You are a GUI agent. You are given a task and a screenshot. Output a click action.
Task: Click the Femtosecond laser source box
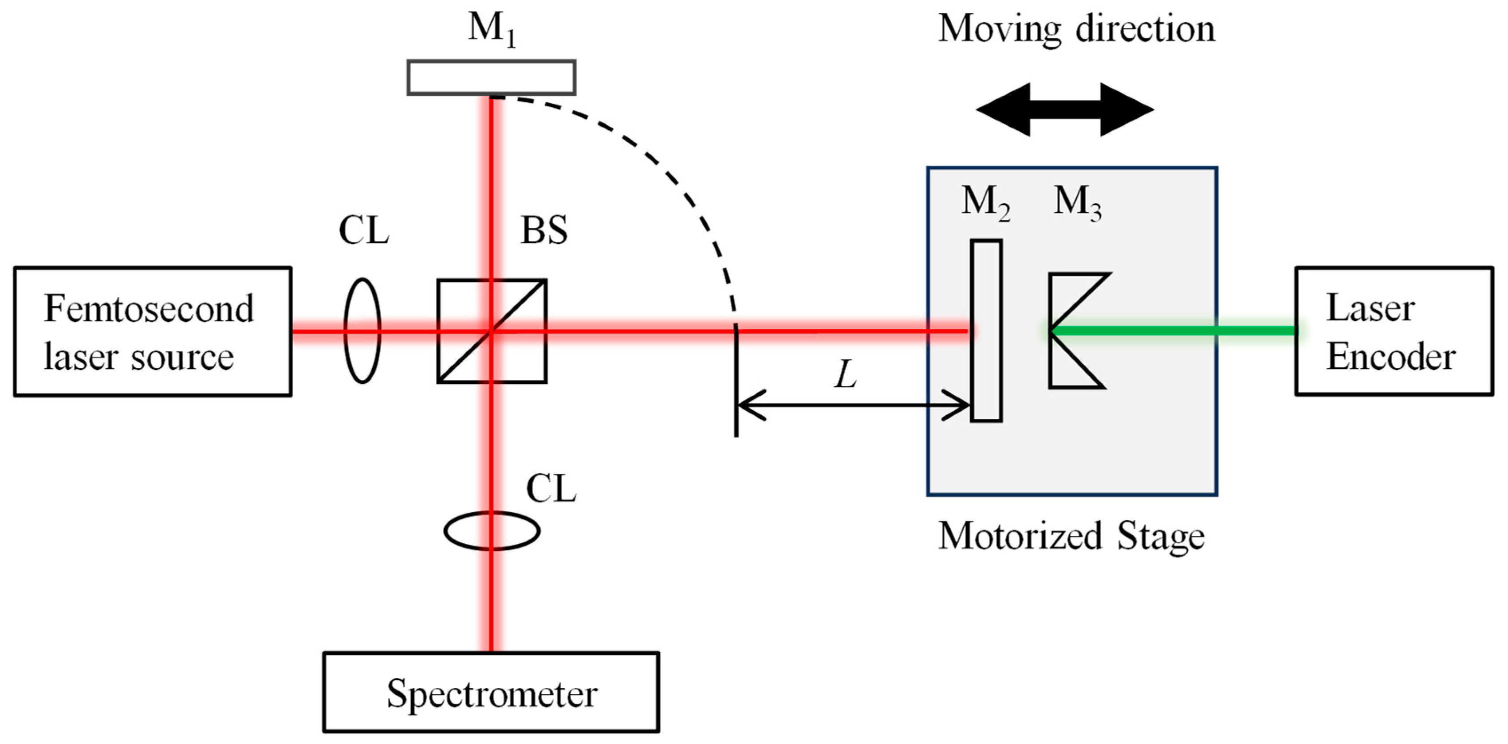(x=152, y=331)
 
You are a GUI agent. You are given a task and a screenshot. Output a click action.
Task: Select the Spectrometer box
(x=491, y=693)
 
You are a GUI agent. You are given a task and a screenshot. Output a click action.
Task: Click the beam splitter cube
(x=492, y=331)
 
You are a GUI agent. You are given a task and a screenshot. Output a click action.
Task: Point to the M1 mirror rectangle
(x=491, y=77)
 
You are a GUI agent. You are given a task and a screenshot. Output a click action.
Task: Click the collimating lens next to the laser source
(x=362, y=331)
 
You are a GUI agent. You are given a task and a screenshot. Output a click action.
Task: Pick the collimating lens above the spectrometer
(x=492, y=530)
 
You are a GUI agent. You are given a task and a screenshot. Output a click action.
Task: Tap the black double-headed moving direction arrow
(x=1065, y=109)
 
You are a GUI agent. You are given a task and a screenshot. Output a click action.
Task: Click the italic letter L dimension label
(x=845, y=375)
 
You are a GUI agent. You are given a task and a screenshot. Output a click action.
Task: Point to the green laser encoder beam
(x=1171, y=331)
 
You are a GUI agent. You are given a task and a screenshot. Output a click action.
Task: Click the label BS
(x=544, y=230)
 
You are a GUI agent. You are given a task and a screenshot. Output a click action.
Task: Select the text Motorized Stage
(x=1071, y=536)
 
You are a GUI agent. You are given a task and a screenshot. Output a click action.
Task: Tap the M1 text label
(x=491, y=29)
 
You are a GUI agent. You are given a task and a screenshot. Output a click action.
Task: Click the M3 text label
(x=1077, y=203)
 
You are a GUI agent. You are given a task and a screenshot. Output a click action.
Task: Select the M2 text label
(x=985, y=203)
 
